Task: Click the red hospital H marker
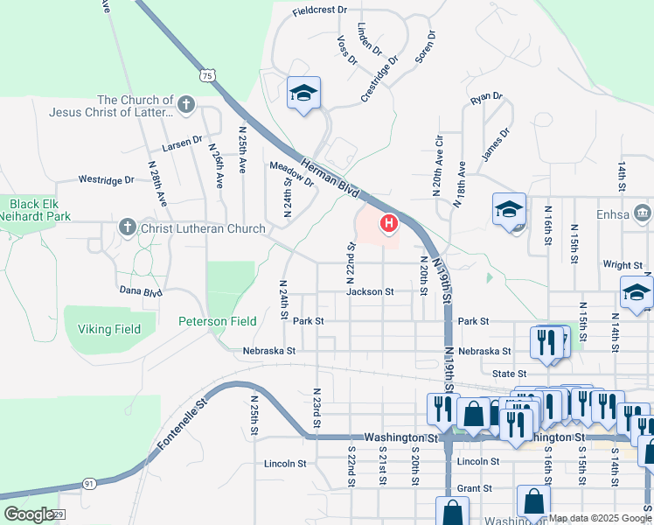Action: point(388,225)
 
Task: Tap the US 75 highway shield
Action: point(207,75)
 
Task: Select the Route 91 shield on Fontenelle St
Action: point(65,482)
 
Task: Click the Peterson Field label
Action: point(218,321)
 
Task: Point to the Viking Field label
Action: point(109,329)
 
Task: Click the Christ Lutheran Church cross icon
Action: point(127,228)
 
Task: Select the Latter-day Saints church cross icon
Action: point(184,106)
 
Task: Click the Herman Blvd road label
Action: point(330,176)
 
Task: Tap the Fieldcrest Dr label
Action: point(320,11)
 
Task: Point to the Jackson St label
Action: point(370,291)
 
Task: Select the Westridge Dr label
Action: point(107,179)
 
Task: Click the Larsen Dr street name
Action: point(181,139)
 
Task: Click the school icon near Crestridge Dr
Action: point(303,94)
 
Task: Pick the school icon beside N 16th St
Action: point(509,210)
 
